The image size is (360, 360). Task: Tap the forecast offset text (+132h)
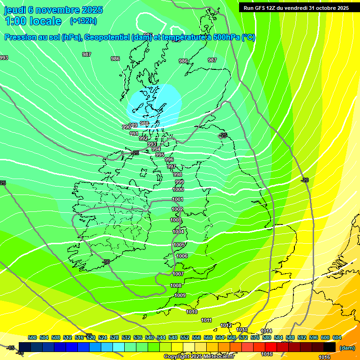(x=83, y=21)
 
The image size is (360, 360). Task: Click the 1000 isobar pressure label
(x=178, y=190)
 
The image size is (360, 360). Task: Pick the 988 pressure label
(x=144, y=124)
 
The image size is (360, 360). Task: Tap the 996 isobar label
(x=169, y=160)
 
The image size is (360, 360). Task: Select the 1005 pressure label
(x=179, y=245)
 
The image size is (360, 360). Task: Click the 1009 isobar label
(x=180, y=296)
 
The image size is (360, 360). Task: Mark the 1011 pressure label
(x=206, y=321)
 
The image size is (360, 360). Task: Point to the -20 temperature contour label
(x=305, y=180)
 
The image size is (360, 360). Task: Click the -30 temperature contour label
(x=106, y=262)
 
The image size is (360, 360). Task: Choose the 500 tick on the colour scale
(x=32, y=338)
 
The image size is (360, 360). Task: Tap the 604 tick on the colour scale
(x=337, y=338)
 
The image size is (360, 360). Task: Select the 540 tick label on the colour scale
(x=150, y=338)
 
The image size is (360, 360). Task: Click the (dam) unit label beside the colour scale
(x=347, y=348)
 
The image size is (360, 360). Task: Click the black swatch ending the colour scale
(x=330, y=347)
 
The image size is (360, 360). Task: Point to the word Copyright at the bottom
(x=177, y=357)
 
